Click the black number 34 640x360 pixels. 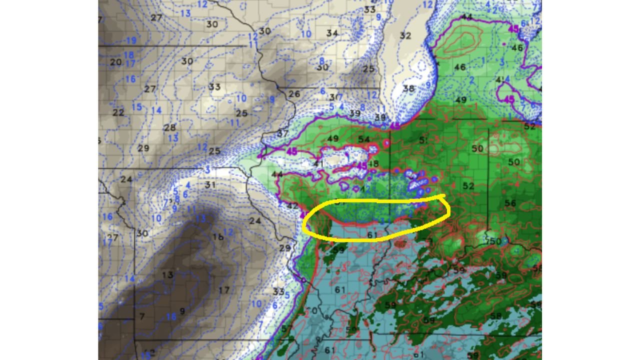tap(332, 33)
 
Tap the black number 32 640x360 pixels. tap(405, 35)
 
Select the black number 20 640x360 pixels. tap(115, 62)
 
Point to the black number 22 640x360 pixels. tap(118, 112)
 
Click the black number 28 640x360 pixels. tap(170, 127)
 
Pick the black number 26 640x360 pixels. tap(294, 93)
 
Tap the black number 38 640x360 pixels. tap(408, 88)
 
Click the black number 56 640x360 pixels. tap(510, 203)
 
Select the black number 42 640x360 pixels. tap(292, 205)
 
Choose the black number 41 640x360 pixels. tap(318, 163)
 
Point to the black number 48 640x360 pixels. tap(373, 163)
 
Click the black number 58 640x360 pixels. tap(495, 315)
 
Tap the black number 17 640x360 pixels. tap(224, 290)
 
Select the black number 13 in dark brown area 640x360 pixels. tap(167, 274)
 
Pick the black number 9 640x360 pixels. tap(182, 311)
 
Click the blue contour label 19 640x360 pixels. tap(131, 40)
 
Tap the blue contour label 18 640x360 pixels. tap(128, 55)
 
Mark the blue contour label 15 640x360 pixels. tap(136, 106)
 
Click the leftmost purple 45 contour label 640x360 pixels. tap(292, 151)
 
